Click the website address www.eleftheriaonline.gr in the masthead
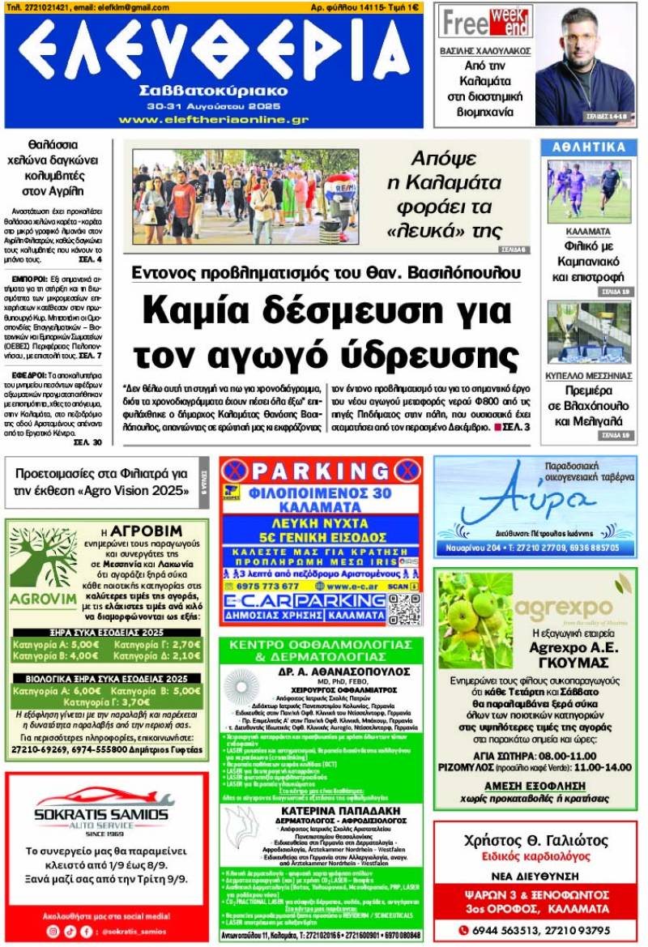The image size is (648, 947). [213, 119]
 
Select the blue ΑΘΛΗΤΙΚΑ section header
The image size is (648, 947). [589, 147]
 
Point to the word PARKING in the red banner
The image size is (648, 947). [321, 471]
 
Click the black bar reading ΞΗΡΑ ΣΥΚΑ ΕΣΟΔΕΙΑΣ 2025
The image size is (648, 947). [106, 633]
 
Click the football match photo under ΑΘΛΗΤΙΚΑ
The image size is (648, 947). [589, 191]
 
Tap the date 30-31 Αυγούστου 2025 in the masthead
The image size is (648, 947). [213, 106]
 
